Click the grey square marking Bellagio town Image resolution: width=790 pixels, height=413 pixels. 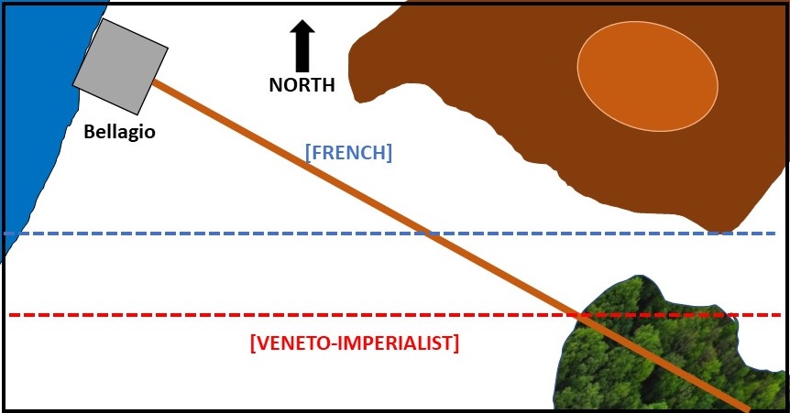[x=120, y=65]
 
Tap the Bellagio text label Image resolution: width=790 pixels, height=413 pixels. [x=119, y=132]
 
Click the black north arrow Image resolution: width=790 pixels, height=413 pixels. [x=302, y=48]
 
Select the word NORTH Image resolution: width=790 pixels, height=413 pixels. [x=302, y=85]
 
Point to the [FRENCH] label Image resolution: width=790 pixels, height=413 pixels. [x=348, y=153]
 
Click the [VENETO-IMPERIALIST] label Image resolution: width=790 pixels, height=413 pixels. [x=354, y=344]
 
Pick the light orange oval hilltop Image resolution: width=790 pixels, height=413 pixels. [x=647, y=76]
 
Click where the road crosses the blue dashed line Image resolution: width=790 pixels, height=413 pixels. [x=431, y=234]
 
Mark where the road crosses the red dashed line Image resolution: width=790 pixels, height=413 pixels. [x=578, y=315]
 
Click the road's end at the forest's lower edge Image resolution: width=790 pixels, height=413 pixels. [x=747, y=407]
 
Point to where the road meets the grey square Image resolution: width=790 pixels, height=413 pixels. [x=154, y=82]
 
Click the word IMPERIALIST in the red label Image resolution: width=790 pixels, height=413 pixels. [x=398, y=344]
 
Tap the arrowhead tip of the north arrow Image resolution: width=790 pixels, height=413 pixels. [x=302, y=21]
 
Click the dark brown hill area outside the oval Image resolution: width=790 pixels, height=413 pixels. [x=477, y=55]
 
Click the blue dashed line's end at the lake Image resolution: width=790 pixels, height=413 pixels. [x=7, y=234]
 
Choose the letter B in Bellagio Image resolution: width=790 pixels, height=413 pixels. [x=89, y=132]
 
